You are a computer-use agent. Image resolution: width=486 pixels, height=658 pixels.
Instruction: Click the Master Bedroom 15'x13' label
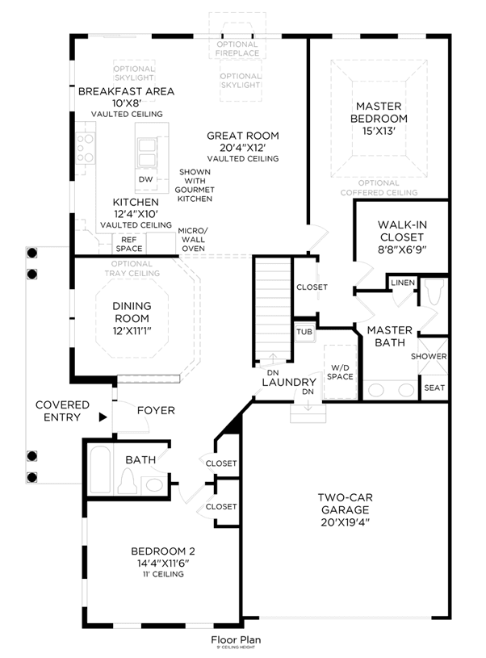click(379, 119)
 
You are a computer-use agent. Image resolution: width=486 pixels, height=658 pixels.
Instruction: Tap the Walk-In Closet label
click(402, 231)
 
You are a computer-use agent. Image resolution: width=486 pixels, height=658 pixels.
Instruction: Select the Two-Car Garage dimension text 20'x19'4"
click(345, 522)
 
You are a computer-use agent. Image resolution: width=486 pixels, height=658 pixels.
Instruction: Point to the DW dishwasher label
click(145, 179)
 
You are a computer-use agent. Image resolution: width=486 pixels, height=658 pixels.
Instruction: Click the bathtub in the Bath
click(100, 469)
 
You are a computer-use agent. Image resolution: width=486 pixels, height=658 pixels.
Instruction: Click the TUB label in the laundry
click(304, 332)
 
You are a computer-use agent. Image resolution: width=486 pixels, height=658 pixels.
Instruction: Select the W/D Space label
click(340, 372)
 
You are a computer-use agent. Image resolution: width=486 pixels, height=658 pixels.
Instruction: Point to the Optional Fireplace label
click(237, 48)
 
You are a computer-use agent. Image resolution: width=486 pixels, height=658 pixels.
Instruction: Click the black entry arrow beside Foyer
click(103, 417)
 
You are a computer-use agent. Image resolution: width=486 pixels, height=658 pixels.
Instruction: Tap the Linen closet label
click(403, 283)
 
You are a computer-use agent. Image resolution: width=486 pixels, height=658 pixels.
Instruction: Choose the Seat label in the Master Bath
click(434, 388)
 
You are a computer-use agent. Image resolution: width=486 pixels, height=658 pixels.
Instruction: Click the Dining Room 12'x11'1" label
click(132, 318)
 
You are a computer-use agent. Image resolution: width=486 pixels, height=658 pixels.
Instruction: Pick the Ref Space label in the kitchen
click(129, 244)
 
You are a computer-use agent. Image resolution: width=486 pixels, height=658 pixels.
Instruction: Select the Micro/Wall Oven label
click(193, 240)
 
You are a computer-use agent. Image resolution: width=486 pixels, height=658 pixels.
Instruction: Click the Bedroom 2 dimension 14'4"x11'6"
click(163, 564)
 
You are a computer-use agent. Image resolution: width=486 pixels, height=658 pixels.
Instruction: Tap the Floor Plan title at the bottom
click(236, 639)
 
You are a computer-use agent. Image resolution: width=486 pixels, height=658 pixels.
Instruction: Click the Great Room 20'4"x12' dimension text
click(243, 148)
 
